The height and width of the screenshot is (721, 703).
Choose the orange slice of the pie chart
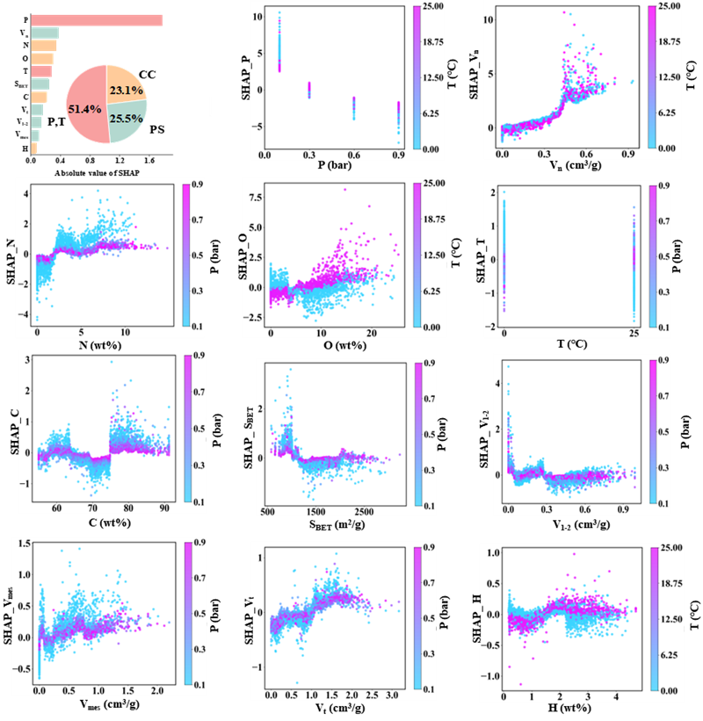(123, 81)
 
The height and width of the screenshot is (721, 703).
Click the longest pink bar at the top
(97, 20)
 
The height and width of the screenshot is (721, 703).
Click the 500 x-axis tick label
(269, 512)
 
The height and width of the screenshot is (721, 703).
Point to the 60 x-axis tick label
(57, 508)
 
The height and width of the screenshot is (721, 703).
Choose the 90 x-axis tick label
(164, 508)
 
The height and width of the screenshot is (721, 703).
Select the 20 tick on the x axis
(371, 334)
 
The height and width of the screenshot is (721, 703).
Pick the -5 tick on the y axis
(255, 126)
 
